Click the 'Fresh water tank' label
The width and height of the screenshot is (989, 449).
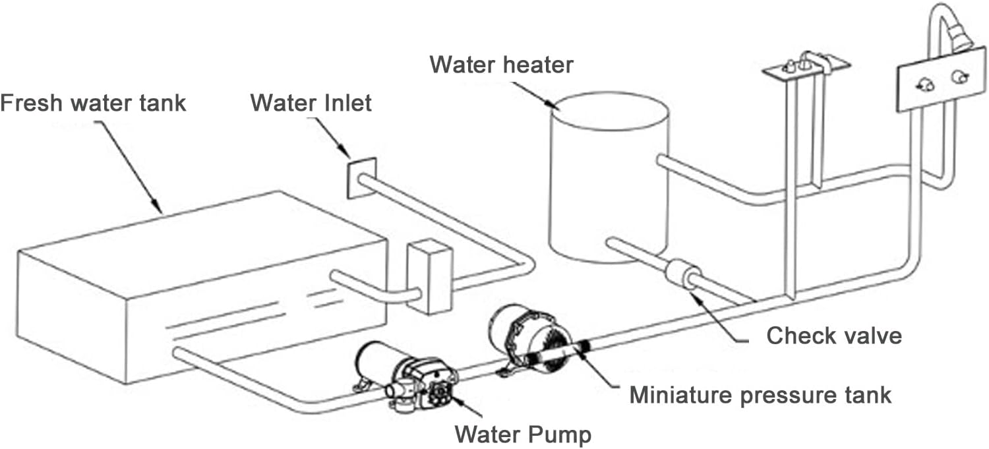[93, 104]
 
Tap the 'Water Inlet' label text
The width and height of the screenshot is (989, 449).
[311, 103]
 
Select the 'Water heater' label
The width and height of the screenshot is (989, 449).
[501, 65]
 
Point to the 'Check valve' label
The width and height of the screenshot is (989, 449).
[833, 336]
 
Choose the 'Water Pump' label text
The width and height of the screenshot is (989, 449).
[524, 434]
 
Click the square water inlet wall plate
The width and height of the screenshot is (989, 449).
[361, 177]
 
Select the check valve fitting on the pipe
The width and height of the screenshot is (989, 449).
[680, 274]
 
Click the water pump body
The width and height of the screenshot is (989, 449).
[402, 376]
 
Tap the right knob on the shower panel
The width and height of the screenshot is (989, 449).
[957, 78]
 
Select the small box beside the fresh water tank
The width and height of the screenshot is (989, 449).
[429, 277]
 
